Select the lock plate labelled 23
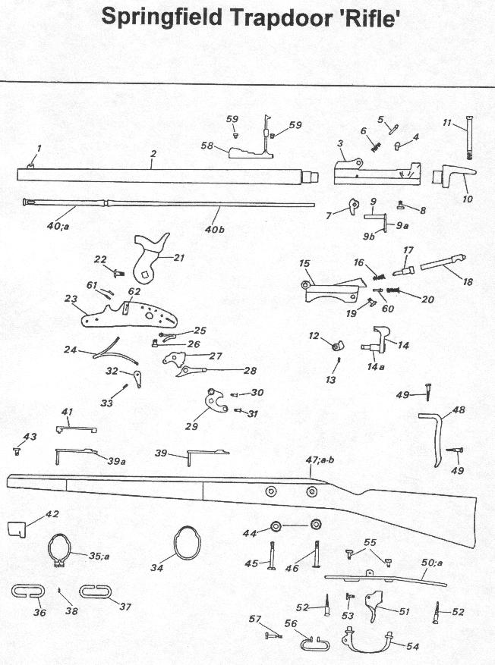click(129, 312)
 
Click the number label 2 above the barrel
click(153, 154)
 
